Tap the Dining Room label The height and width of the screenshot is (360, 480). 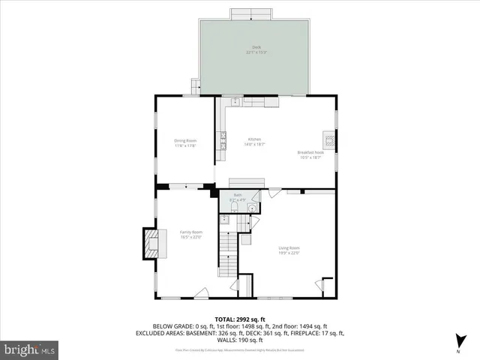pos(185,142)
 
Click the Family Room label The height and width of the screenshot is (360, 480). pos(191,234)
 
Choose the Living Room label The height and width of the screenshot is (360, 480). pos(289,250)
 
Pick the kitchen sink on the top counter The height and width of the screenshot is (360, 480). pos(233,100)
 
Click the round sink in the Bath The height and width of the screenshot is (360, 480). pos(253,208)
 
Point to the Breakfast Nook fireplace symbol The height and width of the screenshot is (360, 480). pos(328,139)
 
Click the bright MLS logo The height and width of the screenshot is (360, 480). pos(31,349)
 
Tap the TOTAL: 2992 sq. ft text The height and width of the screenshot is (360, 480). pos(240,319)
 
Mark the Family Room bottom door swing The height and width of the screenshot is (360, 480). pos(200,293)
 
